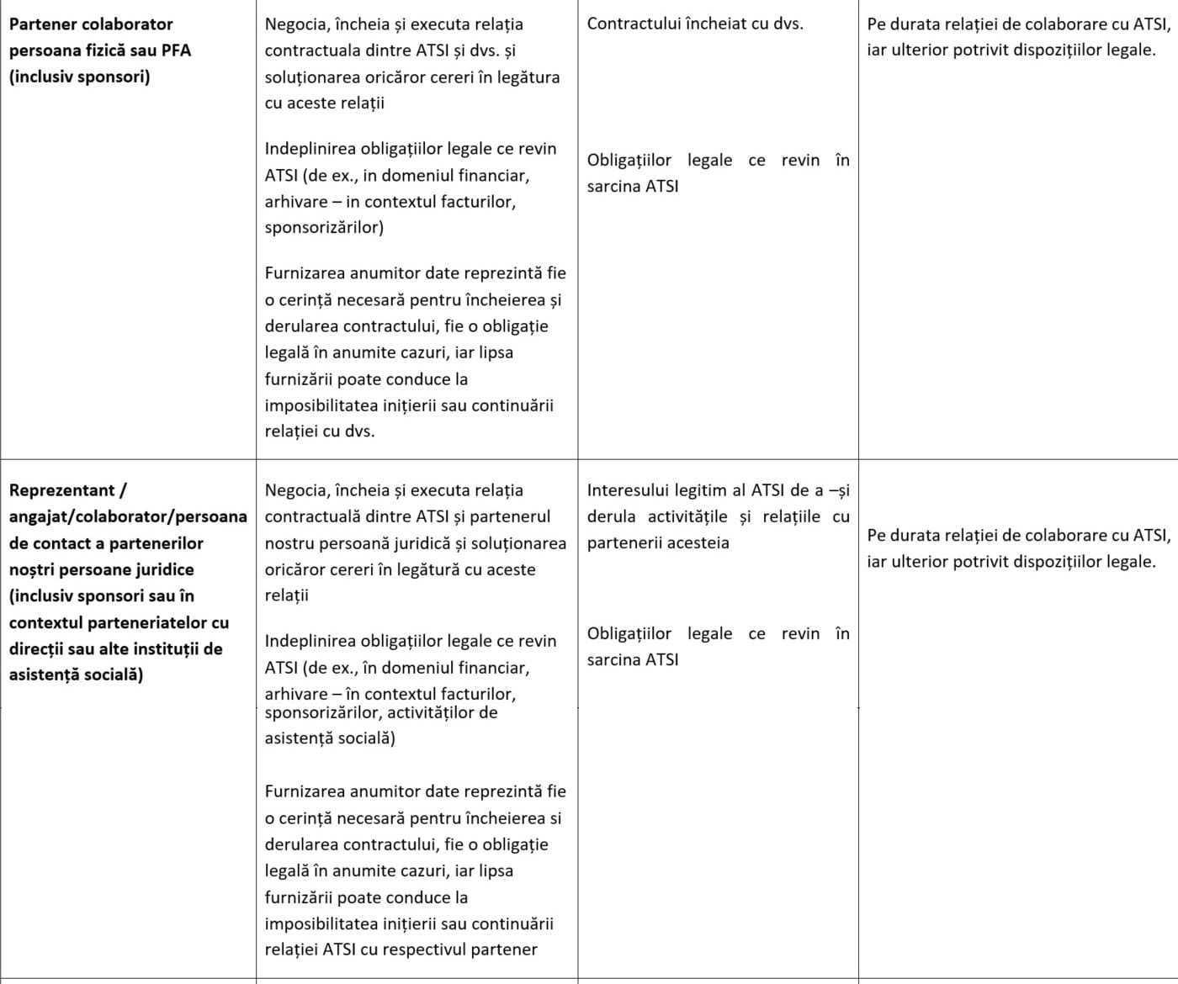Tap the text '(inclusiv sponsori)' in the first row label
(x=79, y=77)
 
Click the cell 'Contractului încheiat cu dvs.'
(x=694, y=24)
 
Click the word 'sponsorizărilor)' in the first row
(x=324, y=227)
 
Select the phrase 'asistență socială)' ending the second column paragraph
(x=330, y=738)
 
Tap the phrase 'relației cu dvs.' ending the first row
(x=319, y=431)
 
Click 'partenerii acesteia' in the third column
(x=658, y=542)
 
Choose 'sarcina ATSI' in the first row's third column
(x=632, y=187)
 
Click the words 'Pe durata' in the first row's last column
(x=899, y=24)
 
